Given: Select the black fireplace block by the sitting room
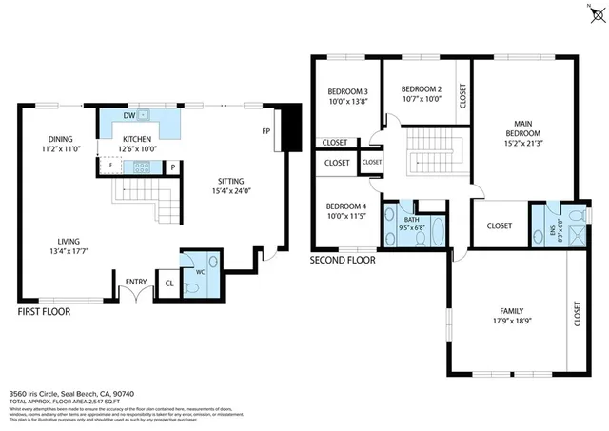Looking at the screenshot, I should click(x=292, y=125).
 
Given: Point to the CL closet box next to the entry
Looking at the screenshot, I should click(x=169, y=283).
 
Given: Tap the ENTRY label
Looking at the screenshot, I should click(x=137, y=281).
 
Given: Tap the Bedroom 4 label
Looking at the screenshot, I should click(x=345, y=206).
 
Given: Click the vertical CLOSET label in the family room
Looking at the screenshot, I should click(x=577, y=315).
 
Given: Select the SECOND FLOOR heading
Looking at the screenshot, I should click(x=343, y=259).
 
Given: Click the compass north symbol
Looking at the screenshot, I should click(x=596, y=11).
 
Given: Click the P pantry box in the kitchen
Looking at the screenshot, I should click(x=172, y=167).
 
